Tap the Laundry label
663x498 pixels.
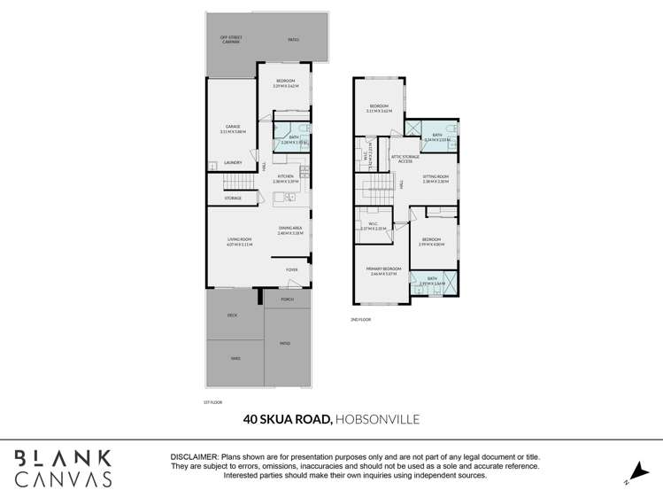tap(233, 163)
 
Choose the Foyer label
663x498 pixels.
tap(291, 269)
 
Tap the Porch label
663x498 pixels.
tap(287, 300)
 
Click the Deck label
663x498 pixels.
tap(232, 315)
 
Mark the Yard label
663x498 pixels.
tap(235, 358)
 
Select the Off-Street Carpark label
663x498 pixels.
tap(231, 39)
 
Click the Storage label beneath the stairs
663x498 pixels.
tap(233, 198)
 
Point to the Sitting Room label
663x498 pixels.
tap(436, 179)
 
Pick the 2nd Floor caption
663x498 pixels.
tap(360, 319)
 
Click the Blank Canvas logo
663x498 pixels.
tap(62, 468)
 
